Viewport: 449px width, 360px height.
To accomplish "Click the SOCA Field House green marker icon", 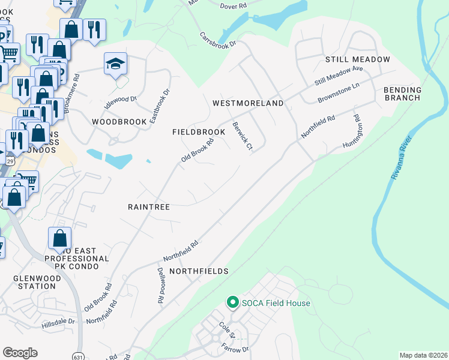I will [232, 303].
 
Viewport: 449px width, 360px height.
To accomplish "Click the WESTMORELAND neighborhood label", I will [248, 103].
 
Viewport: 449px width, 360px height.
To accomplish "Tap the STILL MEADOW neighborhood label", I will [358, 59].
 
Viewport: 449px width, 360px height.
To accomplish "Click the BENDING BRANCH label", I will [403, 94].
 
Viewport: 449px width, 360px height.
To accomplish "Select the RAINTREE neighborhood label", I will [149, 207].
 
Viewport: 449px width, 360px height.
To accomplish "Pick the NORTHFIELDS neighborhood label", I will [199, 271].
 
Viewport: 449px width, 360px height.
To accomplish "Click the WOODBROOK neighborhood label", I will [119, 122].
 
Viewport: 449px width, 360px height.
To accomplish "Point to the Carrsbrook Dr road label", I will [219, 38].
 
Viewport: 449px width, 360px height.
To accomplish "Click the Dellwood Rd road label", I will [161, 284].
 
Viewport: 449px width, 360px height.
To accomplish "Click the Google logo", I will [20, 353].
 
